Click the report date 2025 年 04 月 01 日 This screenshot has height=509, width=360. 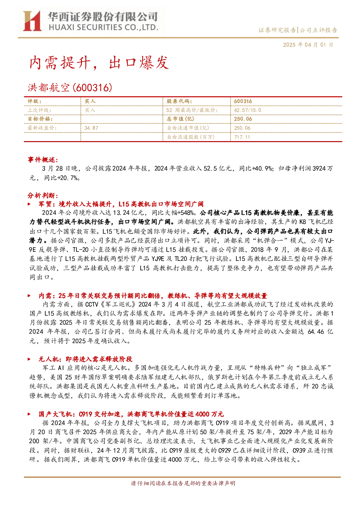pyautogui.click(x=308, y=45)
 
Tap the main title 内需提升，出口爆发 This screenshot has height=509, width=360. pyautogui.click(x=99, y=62)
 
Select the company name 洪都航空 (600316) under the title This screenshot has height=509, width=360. pyautogui.click(x=70, y=87)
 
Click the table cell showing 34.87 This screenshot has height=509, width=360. pyautogui.click(x=91, y=128)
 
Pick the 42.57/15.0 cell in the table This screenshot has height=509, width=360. pyautogui.click(x=248, y=110)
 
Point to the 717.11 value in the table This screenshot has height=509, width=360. pyautogui.click(x=242, y=137)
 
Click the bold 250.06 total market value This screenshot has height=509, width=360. pyautogui.click(x=243, y=119)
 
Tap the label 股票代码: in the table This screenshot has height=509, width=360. pyautogui.click(x=179, y=101)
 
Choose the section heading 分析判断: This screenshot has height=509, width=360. pyautogui.click(x=43, y=195)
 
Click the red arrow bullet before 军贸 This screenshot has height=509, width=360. pyautogui.click(x=29, y=204)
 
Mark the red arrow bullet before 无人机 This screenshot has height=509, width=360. pyautogui.click(x=29, y=359)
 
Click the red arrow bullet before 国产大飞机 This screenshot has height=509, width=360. pyautogui.click(x=29, y=414)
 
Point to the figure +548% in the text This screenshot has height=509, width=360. pyautogui.click(x=186, y=213)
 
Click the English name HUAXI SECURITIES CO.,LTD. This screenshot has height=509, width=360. pyautogui.click(x=103, y=28)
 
